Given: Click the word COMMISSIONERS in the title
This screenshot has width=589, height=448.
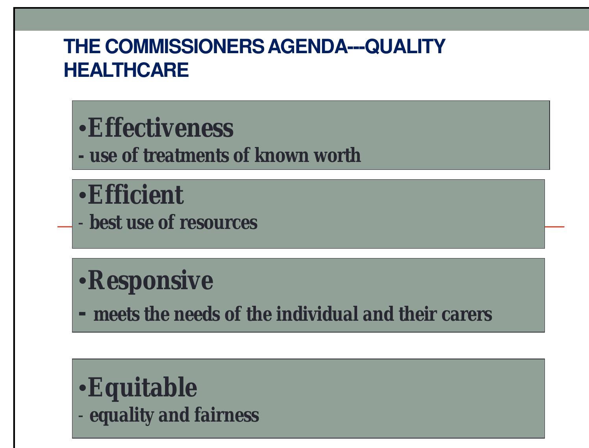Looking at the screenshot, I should pyautogui.click(x=185, y=46).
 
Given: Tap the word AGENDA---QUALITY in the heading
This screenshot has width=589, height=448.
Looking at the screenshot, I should pyautogui.click(x=356, y=46).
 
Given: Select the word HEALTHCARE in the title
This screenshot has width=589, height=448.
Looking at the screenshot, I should pyautogui.click(x=126, y=70).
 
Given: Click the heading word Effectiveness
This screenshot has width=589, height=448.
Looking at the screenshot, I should pyautogui.click(x=160, y=128).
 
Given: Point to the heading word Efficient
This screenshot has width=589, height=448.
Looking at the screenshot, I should pyautogui.click(x=135, y=195).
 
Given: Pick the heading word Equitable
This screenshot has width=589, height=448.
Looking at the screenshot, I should pyautogui.click(x=142, y=387).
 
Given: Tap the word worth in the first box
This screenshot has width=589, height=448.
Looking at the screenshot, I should pyautogui.click(x=337, y=155).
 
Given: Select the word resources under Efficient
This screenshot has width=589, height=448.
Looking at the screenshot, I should pyautogui.click(x=219, y=223).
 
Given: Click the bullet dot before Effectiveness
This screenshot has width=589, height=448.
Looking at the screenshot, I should pyautogui.click(x=82, y=129).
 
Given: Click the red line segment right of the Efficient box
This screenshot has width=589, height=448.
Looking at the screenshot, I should pyautogui.click(x=554, y=227).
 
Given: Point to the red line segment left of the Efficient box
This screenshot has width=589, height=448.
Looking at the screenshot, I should pyautogui.click(x=65, y=227).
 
